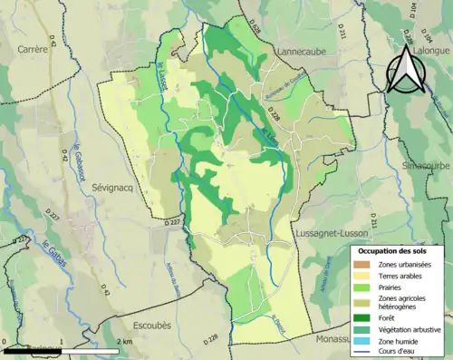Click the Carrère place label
tap(32, 50)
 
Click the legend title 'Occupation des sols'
tap(396, 250)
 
